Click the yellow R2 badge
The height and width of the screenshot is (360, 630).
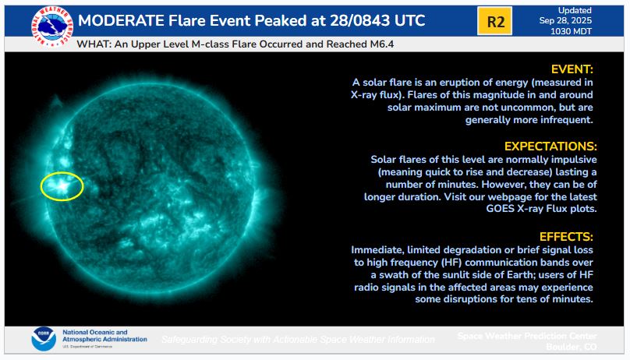click(x=494, y=21)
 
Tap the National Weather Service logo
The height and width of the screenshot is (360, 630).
click(x=52, y=26)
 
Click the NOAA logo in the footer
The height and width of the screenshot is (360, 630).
click(x=44, y=339)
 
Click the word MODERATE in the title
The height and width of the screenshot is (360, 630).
click(x=121, y=20)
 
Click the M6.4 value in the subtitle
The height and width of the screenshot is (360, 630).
click(x=382, y=44)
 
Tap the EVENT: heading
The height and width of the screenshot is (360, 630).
click(x=572, y=69)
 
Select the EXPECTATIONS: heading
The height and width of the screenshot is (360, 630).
click(x=550, y=146)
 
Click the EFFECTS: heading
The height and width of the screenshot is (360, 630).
click(x=566, y=237)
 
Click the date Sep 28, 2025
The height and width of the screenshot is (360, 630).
click(x=565, y=21)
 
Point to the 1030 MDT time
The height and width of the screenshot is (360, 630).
click(x=571, y=31)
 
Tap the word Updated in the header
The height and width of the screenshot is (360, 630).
click(x=575, y=10)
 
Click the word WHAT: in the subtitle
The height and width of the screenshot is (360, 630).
click(x=94, y=44)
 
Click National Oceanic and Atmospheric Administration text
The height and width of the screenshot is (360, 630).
click(x=104, y=336)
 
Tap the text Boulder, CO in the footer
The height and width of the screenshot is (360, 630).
click(x=571, y=347)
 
